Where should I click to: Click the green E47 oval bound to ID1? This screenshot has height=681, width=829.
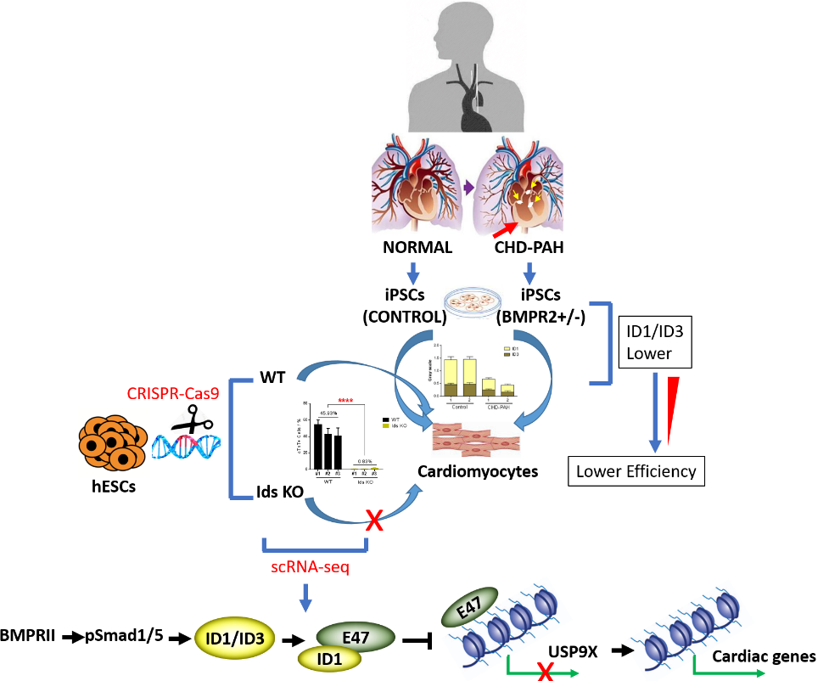356,634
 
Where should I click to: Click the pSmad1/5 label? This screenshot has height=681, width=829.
126,634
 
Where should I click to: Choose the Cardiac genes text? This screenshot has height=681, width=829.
764,656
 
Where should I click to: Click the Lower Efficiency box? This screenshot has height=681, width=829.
636,470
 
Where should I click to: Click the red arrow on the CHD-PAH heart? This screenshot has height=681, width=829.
506,225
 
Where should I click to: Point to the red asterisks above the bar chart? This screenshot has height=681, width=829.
345,402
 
